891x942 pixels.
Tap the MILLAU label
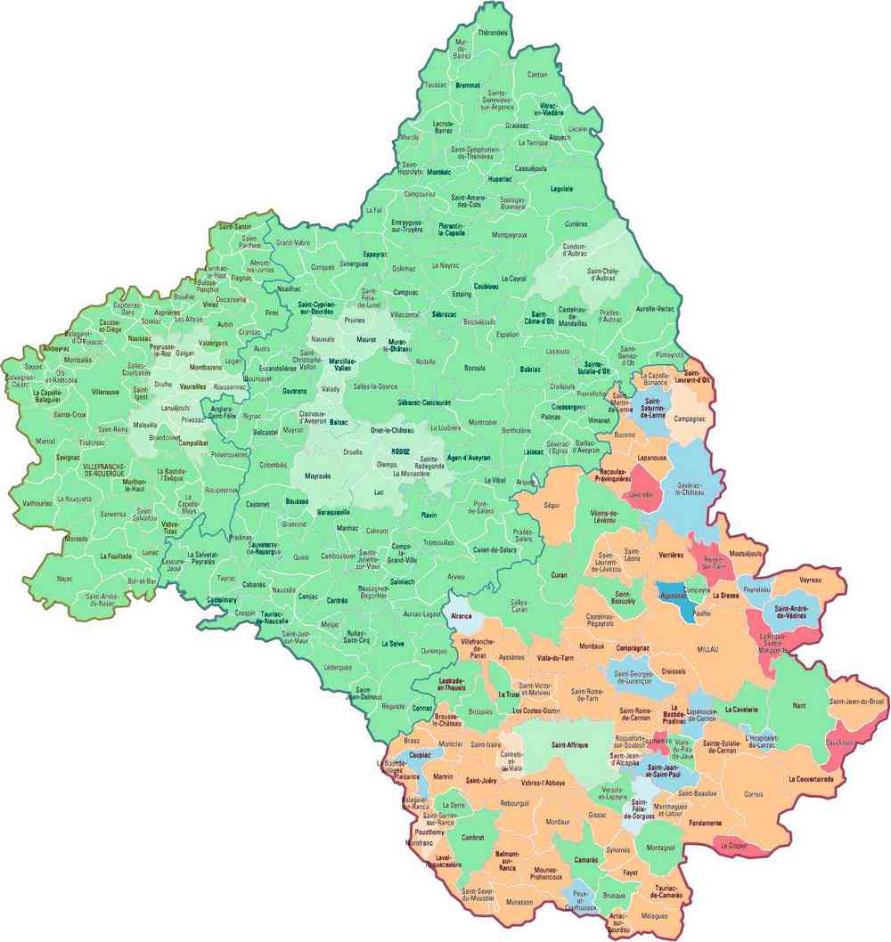point(707,649)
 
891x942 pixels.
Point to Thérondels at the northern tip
point(493,33)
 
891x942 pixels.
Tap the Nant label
point(798,706)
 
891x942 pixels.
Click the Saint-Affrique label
point(574,744)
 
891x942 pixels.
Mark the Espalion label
point(507,335)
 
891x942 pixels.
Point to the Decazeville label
point(231,300)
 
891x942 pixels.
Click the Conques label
point(323,266)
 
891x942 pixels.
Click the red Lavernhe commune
point(640,494)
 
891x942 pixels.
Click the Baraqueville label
point(335,513)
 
